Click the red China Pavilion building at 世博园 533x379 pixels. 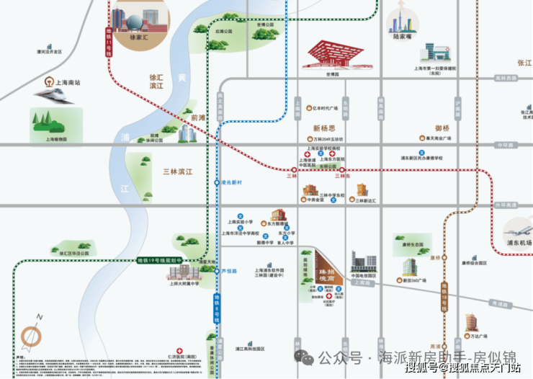(332, 55)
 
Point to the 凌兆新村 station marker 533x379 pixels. (218, 183)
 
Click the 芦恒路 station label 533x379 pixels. (230, 271)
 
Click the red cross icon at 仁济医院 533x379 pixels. (187, 357)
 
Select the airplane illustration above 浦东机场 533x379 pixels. (519, 229)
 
